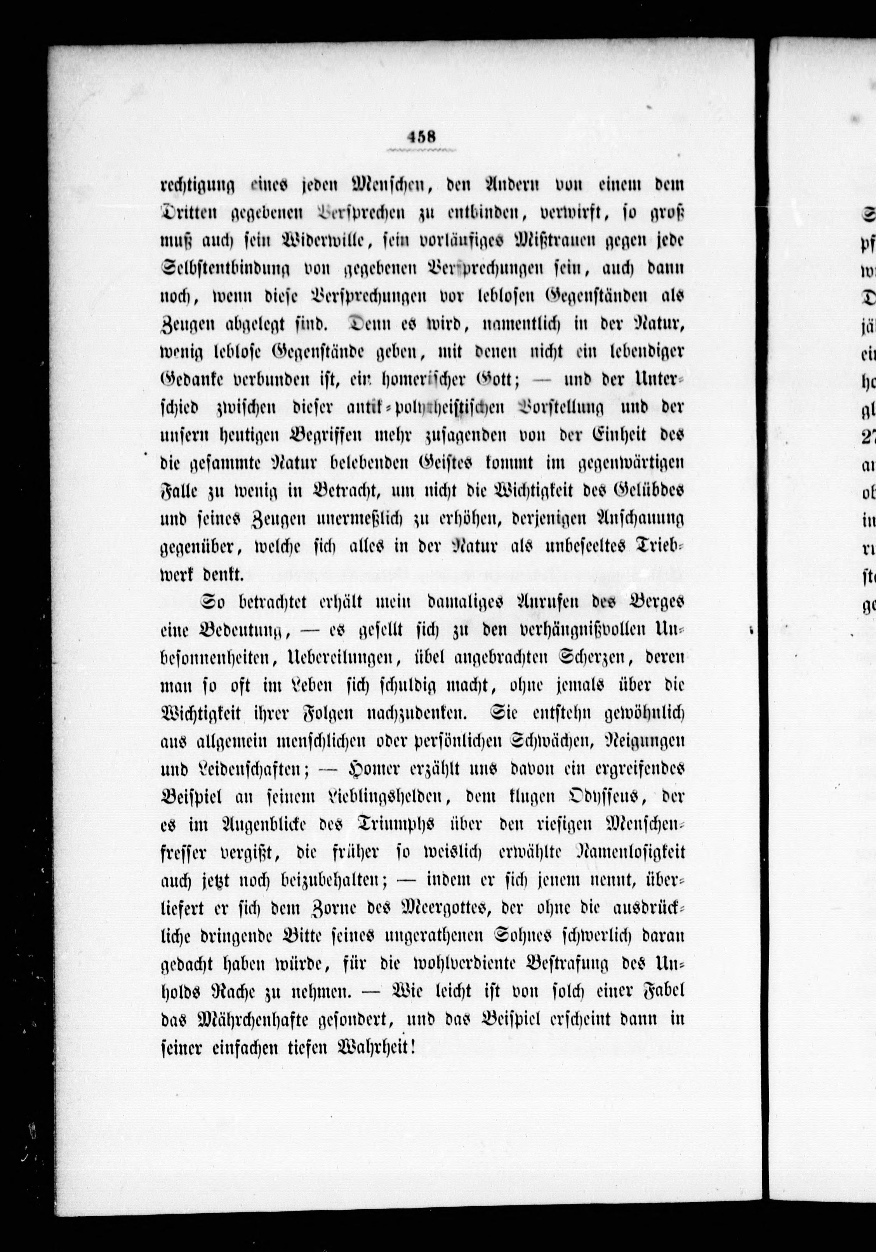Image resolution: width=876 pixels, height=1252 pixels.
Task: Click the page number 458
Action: click(421, 137)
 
